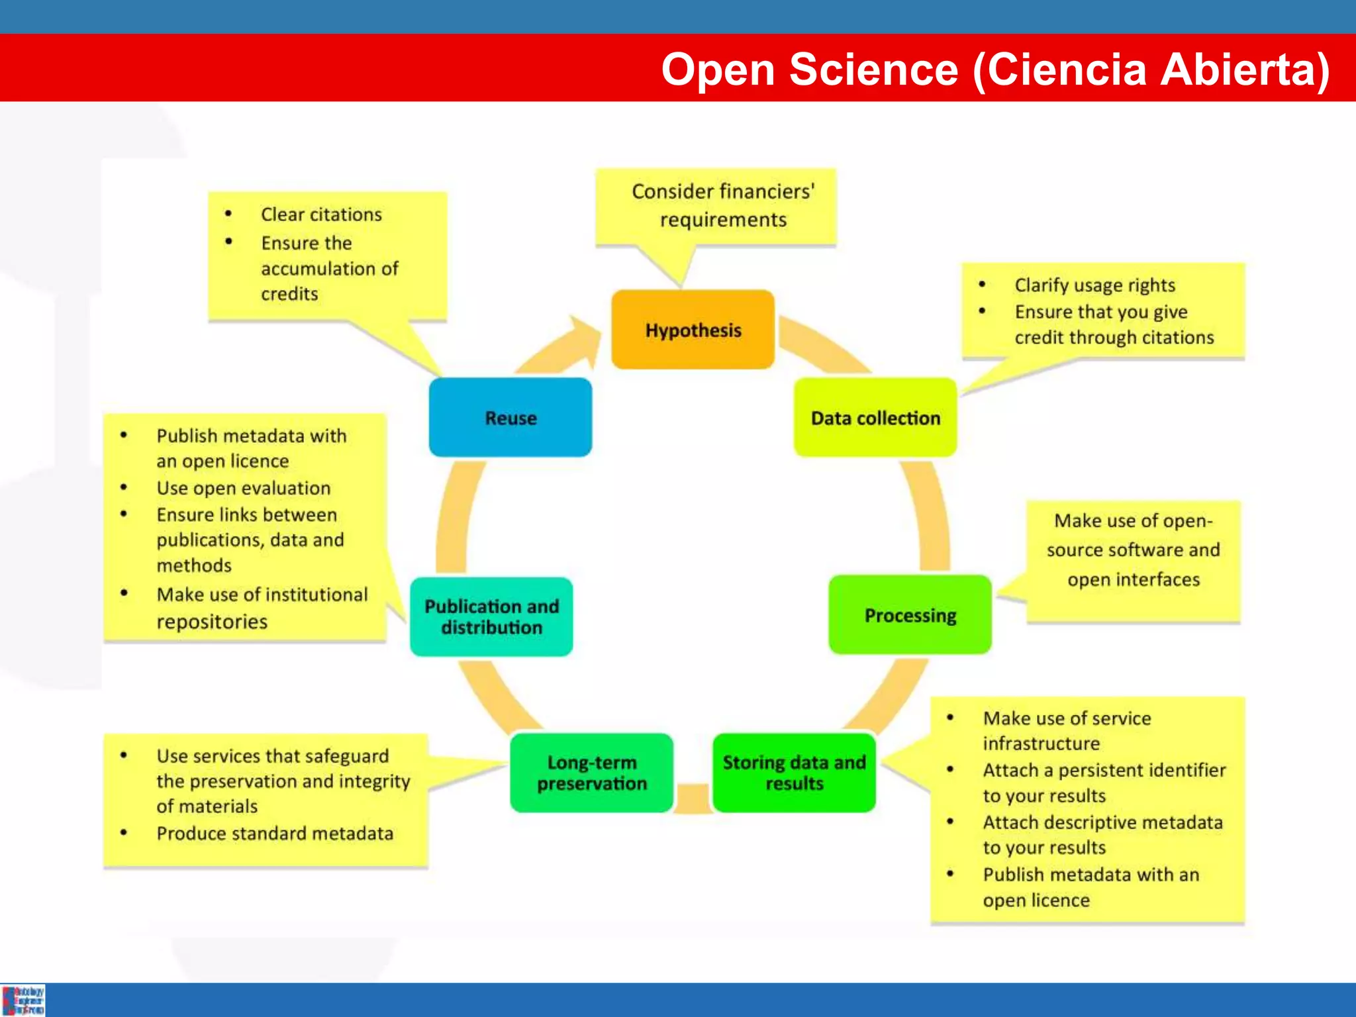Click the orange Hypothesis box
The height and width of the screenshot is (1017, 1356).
[x=693, y=329]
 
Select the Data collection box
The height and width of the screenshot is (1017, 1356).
[x=875, y=417]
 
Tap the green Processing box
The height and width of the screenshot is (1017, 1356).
[x=910, y=614]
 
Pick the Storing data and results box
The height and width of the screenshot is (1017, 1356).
[x=794, y=772]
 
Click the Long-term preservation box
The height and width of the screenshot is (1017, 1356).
[x=591, y=772]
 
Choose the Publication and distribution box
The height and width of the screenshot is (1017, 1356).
[x=491, y=616]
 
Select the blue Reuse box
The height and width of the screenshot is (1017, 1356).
[x=510, y=417]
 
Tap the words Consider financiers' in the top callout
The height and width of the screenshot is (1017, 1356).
[x=722, y=191]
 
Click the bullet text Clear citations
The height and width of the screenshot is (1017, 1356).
[x=321, y=215]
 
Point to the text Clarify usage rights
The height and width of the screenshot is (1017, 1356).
[x=1094, y=285]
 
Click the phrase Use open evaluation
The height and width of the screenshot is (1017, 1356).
[x=243, y=488]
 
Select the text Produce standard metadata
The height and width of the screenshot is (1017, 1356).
[x=275, y=833]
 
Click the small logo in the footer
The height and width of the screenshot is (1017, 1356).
[x=23, y=1000]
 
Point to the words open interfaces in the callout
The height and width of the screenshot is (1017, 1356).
[x=1133, y=579]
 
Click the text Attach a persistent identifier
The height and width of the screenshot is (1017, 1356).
[x=1104, y=770]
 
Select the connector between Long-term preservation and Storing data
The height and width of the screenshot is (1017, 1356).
[x=693, y=797]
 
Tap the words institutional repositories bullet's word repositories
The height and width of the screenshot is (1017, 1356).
[x=212, y=622]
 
